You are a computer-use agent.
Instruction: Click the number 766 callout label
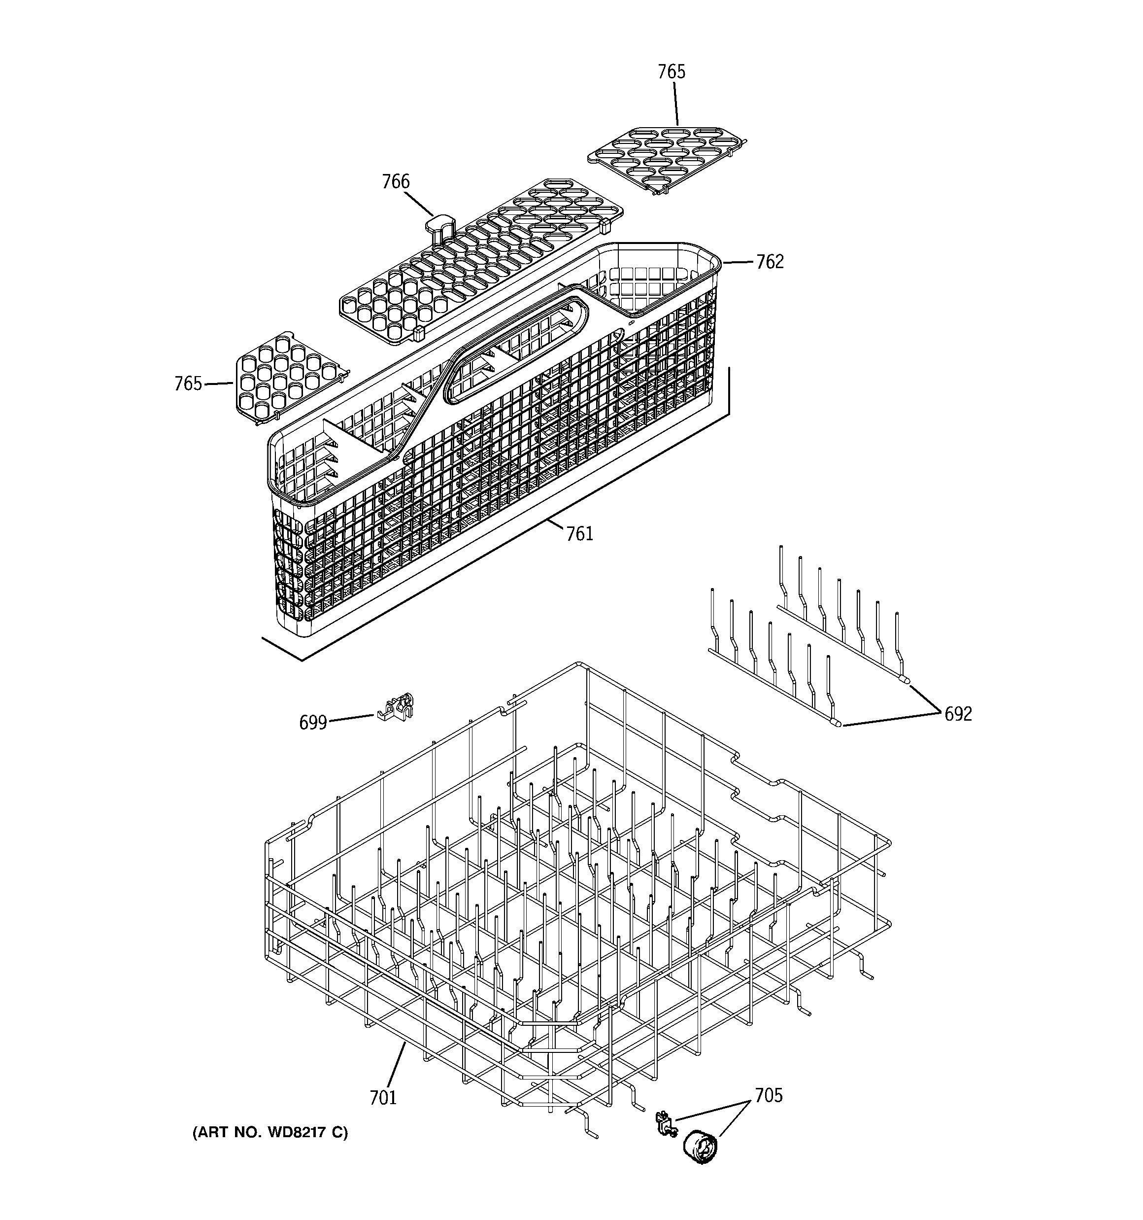(x=395, y=182)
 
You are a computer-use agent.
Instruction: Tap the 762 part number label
(x=770, y=262)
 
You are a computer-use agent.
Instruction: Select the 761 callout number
(x=579, y=534)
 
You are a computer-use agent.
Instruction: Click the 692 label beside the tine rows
(x=958, y=714)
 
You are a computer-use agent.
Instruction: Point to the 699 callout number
(x=312, y=723)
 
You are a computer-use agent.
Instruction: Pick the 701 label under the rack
(x=383, y=1097)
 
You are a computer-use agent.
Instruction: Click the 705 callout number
(x=768, y=1095)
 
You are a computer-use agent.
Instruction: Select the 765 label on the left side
(x=188, y=383)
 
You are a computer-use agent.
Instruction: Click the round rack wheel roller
(x=700, y=1147)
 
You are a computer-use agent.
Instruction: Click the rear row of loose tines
(x=840, y=614)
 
